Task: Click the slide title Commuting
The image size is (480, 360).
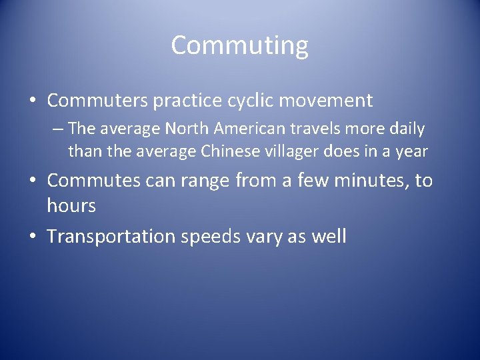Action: click(240, 45)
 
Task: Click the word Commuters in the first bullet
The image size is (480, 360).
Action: click(97, 101)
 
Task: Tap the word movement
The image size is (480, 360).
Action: click(327, 101)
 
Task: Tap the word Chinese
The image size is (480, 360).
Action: click(229, 151)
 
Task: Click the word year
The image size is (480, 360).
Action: click(411, 151)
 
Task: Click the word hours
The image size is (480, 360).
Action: click(71, 206)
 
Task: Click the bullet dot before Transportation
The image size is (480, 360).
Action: click(33, 237)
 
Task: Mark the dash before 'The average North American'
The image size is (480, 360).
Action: click(60, 128)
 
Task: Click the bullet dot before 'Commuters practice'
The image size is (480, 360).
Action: click(33, 101)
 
